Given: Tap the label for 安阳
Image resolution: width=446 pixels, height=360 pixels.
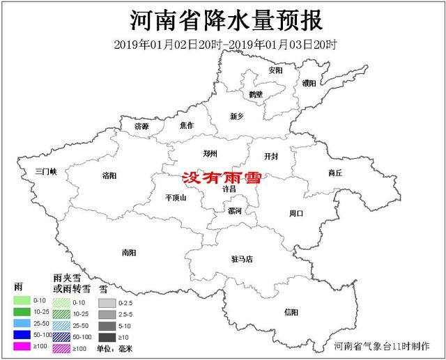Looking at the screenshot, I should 275,71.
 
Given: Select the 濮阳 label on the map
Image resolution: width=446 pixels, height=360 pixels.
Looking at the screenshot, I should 309,83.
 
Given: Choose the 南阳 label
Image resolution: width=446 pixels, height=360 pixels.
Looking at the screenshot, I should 129,253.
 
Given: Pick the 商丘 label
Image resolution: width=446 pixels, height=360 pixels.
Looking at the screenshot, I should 335,173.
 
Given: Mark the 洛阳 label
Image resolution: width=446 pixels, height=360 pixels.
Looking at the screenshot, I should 109,175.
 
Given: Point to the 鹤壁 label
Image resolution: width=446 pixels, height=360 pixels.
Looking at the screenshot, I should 255,94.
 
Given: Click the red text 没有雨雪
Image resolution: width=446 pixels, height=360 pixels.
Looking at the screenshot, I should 220,178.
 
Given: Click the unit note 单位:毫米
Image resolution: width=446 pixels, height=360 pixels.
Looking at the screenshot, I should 115,347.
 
